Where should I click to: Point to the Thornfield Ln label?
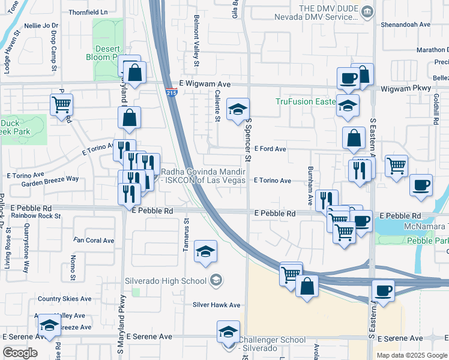[x=88, y=11]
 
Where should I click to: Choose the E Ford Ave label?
[x=270, y=148]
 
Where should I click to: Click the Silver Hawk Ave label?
[x=216, y=305]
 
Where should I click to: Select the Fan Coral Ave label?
[x=94, y=241]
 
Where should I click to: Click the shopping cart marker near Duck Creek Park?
[x=61, y=104]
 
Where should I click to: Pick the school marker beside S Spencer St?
[x=238, y=109]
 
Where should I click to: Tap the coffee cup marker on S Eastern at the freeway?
[x=383, y=291]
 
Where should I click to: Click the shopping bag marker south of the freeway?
[x=307, y=287]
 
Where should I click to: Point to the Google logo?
[x=20, y=353]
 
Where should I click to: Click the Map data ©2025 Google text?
[x=411, y=355]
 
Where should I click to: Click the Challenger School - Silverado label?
[x=273, y=344]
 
